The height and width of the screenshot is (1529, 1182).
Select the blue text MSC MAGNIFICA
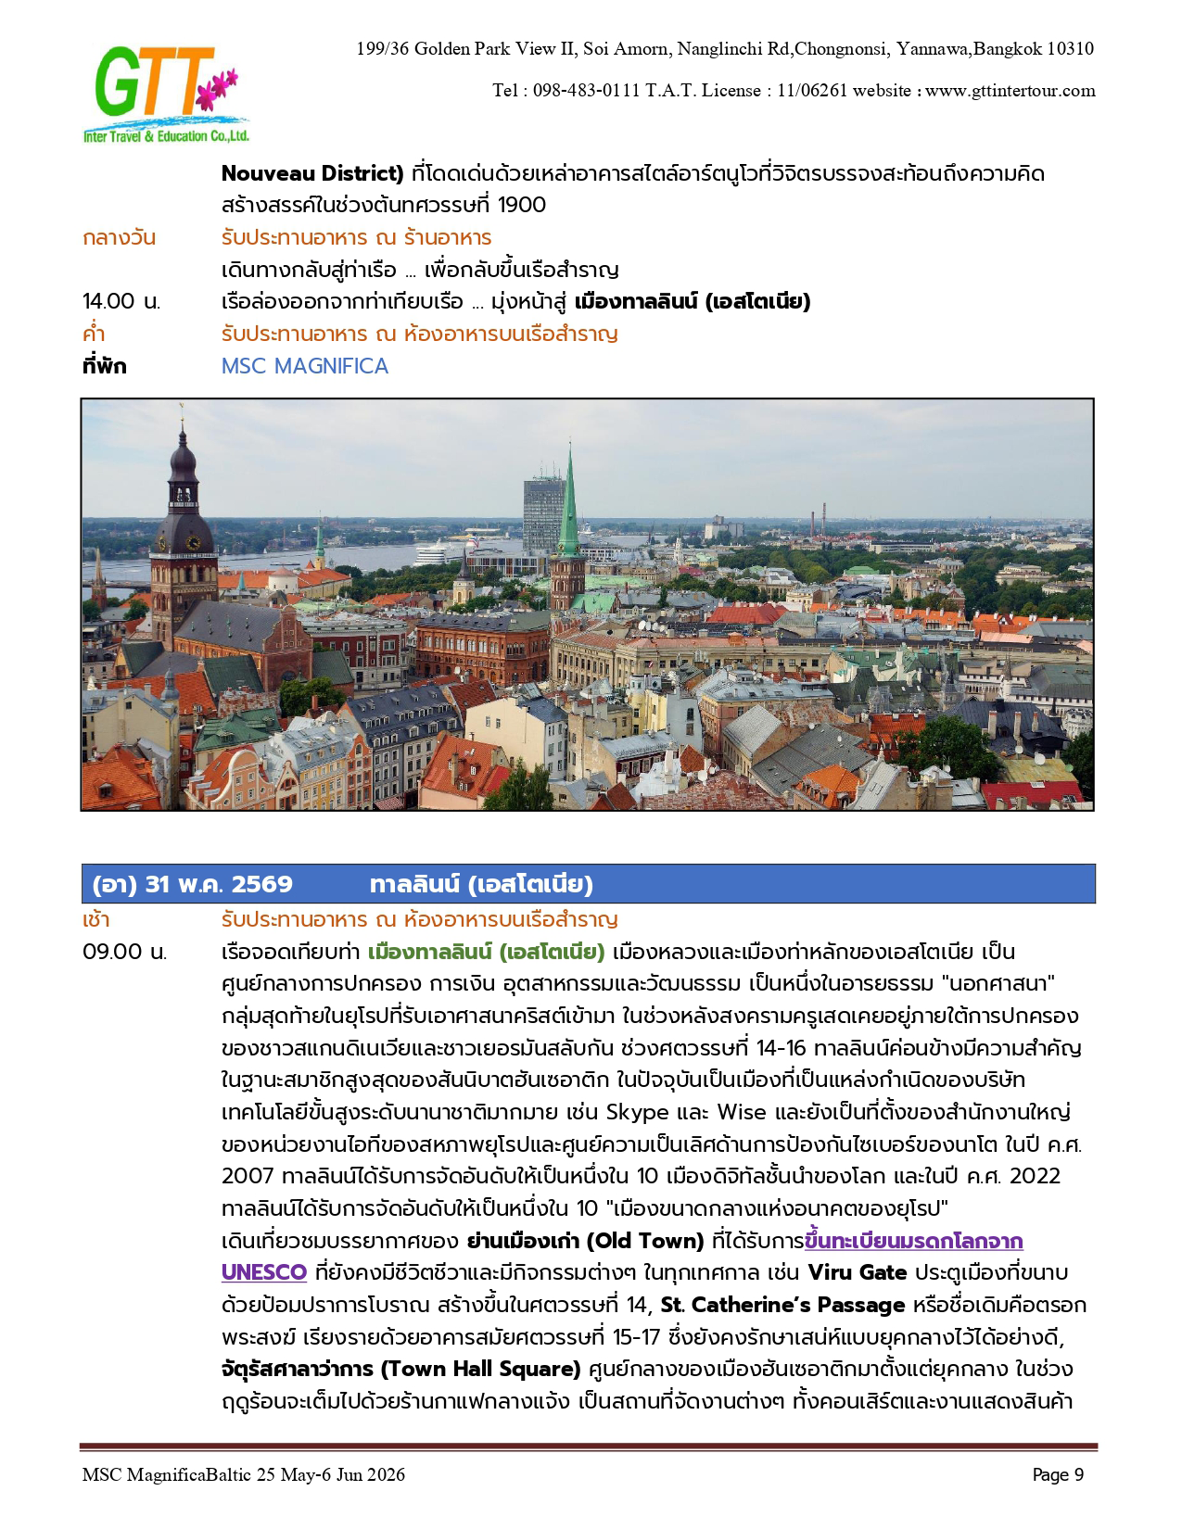coord(304,366)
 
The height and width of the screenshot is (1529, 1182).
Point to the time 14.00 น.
coord(121,302)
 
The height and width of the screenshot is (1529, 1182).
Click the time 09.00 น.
coord(124,953)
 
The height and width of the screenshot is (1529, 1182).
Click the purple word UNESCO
coord(264,1272)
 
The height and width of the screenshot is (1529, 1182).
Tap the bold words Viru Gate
coord(857,1272)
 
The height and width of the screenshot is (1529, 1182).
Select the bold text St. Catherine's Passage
coord(782,1305)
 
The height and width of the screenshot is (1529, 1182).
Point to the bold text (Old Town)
coord(646,1241)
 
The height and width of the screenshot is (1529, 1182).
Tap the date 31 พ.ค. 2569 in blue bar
coord(219,884)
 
